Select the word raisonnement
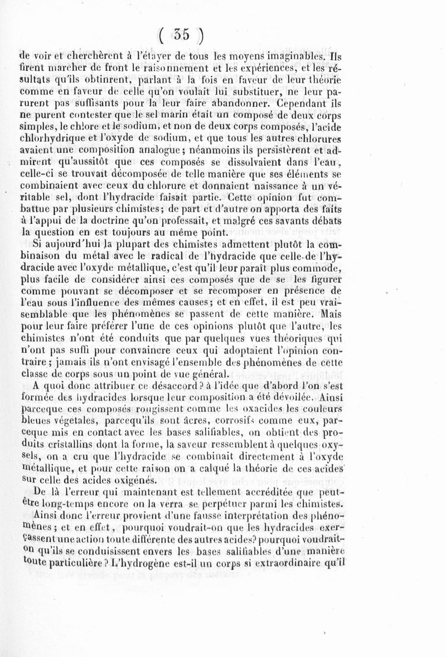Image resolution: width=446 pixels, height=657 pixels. pos(177,69)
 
